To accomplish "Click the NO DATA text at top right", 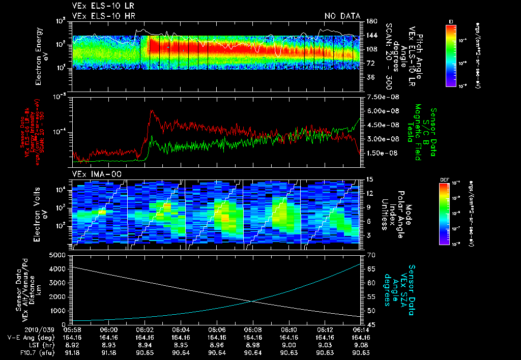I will point(342,16).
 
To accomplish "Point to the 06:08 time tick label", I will point(253,329).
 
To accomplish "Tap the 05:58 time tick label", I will point(73,329).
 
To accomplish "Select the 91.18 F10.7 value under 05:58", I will point(73,352).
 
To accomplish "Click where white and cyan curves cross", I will point(252,301).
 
